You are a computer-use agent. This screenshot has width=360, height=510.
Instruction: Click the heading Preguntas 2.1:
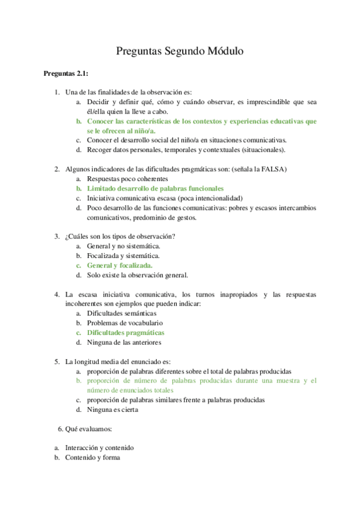click(66, 73)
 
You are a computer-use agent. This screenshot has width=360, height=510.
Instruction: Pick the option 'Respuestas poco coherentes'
click(127, 179)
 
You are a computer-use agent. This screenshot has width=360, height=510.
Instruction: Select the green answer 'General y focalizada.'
click(120, 265)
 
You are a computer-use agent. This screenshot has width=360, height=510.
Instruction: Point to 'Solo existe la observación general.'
click(138, 275)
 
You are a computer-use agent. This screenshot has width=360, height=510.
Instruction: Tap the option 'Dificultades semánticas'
click(122, 313)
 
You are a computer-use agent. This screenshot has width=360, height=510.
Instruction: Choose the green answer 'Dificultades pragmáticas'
click(126, 332)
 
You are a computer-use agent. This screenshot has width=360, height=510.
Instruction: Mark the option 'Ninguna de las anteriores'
click(124, 342)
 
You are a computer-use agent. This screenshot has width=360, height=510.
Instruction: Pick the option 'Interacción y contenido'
click(100, 447)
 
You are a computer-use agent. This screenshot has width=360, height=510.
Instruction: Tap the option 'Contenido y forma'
click(93, 458)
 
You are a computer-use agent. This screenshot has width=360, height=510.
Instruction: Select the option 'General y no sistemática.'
click(124, 245)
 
